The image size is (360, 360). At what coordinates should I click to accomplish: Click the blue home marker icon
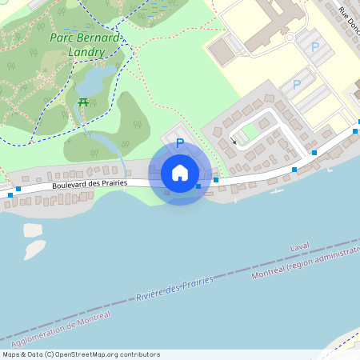pos(180,172)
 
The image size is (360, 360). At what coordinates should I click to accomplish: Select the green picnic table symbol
pos(83,102)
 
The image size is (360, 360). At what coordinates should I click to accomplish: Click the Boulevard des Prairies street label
pos(89,183)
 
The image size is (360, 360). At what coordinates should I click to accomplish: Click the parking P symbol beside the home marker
pos(179,143)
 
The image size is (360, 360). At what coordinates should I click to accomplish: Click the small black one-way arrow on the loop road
pos(234,141)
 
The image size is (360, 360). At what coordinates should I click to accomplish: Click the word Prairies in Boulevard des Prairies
pos(112,183)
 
